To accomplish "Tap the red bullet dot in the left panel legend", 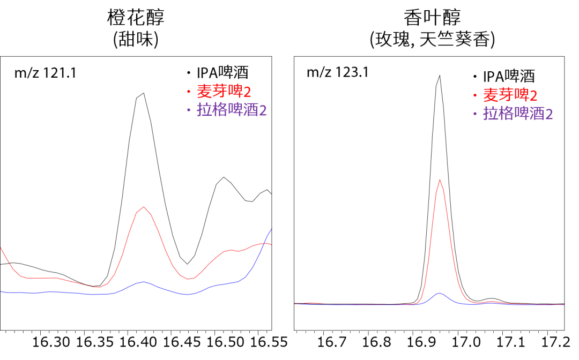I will [188, 92].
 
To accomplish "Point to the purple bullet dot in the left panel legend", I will [188, 110].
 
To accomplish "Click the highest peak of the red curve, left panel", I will [143, 207].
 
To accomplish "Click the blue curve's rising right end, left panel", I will [271, 230].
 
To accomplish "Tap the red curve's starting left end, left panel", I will [1, 247].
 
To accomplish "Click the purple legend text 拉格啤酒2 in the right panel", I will [518, 114].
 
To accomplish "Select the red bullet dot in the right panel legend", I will [474, 96].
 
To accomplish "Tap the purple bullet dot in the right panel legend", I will [474, 114].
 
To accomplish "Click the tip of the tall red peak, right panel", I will [440, 179].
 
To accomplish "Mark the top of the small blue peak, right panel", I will [440, 293].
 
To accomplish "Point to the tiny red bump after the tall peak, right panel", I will [492, 302].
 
